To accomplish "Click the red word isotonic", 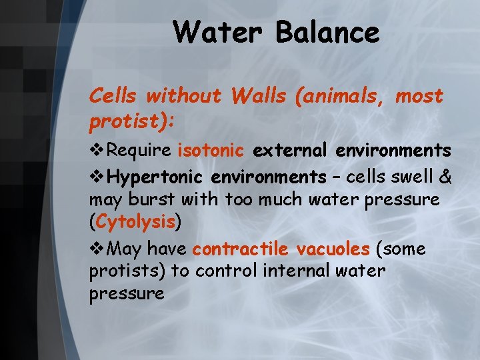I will coord(211,150).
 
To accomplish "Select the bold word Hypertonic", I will coord(156,177).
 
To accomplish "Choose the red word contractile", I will coord(240,249).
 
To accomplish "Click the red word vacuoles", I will coord(333,249).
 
